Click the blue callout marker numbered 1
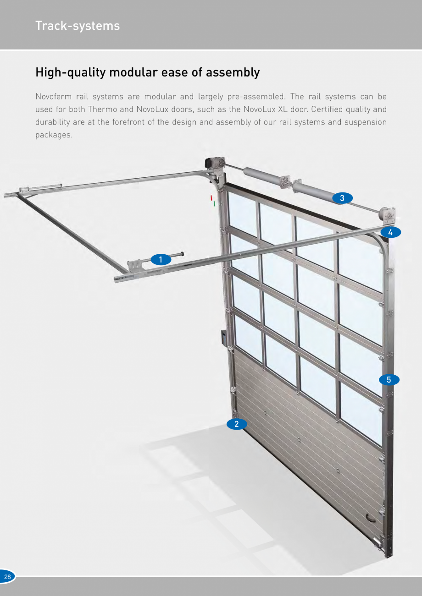[x=161, y=259]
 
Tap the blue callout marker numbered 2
[x=237, y=424]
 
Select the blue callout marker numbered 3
[x=342, y=198]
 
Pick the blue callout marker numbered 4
[x=390, y=232]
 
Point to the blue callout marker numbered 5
[x=389, y=380]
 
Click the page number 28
[x=7, y=577]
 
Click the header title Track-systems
[x=78, y=26]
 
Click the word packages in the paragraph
[x=54, y=135]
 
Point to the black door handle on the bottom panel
[x=370, y=518]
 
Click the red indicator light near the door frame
[x=211, y=198]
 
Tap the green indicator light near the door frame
[x=214, y=203]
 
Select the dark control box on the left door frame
[x=223, y=338]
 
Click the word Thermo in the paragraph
[x=103, y=109]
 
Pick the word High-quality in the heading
[x=71, y=72]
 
